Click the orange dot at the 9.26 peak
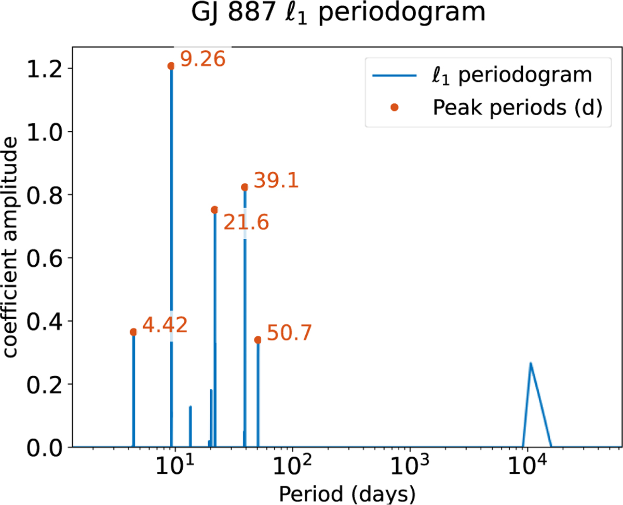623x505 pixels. click(171, 66)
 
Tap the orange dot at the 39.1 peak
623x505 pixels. click(245, 187)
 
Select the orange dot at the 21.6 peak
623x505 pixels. click(214, 210)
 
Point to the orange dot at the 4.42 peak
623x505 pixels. click(133, 332)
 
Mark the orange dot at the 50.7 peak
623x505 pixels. click(258, 339)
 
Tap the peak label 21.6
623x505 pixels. click(246, 223)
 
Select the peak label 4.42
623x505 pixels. click(165, 325)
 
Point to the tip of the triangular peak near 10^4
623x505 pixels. click(530, 363)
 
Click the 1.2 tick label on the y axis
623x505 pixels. click(44, 69)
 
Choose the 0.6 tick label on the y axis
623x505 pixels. click(44, 258)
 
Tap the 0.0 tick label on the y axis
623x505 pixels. click(44, 447)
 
